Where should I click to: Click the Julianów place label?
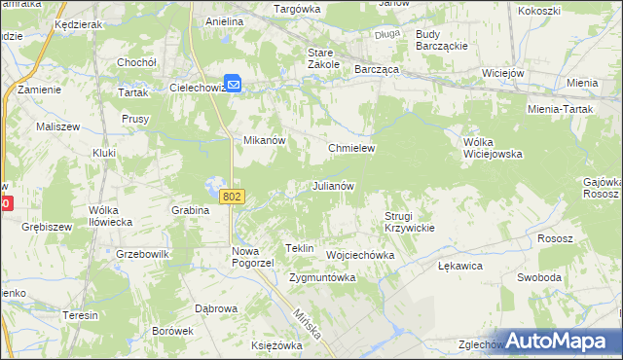pos(332,186)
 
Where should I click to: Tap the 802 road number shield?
pos(232,197)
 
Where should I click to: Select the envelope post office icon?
pos(235,85)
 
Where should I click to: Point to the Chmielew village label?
pos(351,148)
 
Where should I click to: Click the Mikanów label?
pos(263,140)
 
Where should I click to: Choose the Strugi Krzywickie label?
pos(409,221)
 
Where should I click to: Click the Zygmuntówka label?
pos(322,277)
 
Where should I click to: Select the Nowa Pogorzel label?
pos(253,257)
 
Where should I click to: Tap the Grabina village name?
pos(191,210)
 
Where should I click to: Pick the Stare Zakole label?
pos(323,57)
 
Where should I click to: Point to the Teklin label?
pos(300,249)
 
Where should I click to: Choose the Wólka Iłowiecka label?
pos(110,216)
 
